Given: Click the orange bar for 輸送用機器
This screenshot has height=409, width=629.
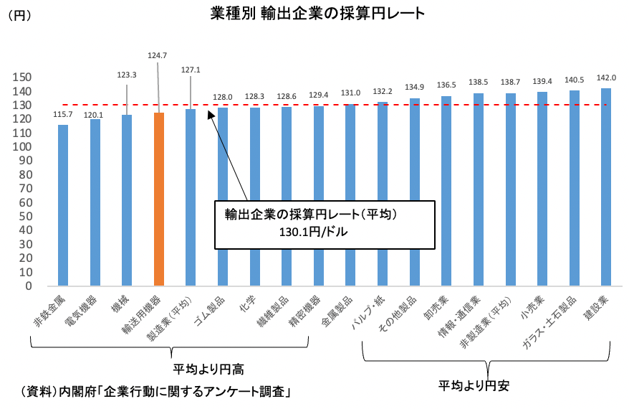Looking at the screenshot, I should click(159, 199).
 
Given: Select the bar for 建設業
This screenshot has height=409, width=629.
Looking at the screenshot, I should click(606, 187).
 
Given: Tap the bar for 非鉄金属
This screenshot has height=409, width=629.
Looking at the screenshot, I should click(63, 205).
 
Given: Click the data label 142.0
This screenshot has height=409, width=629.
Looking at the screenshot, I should click(606, 79).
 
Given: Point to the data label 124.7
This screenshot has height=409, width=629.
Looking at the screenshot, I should click(158, 55).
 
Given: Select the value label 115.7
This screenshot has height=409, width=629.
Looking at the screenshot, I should click(63, 115).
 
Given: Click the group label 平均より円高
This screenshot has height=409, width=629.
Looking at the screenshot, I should click(208, 370).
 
